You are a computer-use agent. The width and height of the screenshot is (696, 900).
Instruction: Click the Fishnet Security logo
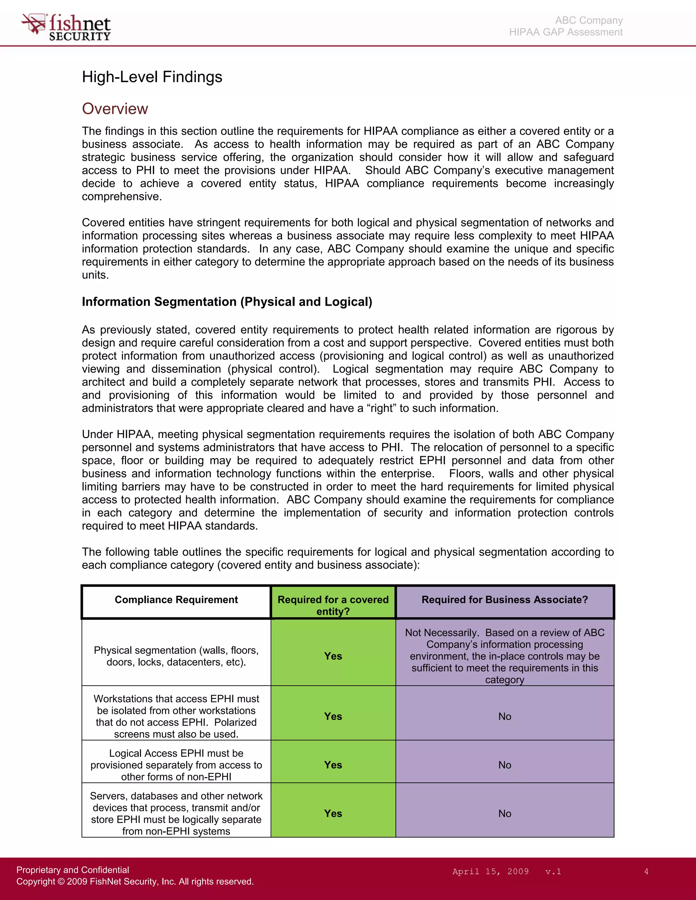(x=66, y=27)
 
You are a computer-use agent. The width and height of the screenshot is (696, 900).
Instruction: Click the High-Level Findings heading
(x=152, y=77)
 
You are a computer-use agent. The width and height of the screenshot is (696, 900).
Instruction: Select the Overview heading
(x=115, y=109)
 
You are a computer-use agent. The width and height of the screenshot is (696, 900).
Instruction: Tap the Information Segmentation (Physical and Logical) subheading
(x=227, y=302)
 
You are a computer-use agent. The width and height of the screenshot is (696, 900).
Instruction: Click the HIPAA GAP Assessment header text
(x=566, y=32)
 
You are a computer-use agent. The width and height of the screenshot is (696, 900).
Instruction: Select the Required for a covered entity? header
(x=333, y=605)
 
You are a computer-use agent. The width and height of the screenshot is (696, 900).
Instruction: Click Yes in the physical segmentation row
(x=333, y=656)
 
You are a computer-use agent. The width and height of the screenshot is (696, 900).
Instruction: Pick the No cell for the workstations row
(x=504, y=716)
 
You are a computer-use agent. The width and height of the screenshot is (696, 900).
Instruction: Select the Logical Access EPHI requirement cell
(x=176, y=765)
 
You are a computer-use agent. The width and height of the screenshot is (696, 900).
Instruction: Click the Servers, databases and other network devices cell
(x=176, y=813)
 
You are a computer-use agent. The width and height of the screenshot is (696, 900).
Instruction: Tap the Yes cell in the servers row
(x=333, y=813)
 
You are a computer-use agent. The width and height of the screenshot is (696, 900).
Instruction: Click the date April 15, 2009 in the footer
(x=490, y=871)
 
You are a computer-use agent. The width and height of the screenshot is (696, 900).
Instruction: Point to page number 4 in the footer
(x=646, y=871)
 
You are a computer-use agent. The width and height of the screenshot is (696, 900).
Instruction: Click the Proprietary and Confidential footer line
(x=73, y=869)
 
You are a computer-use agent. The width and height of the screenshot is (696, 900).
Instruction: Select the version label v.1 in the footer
(x=553, y=871)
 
